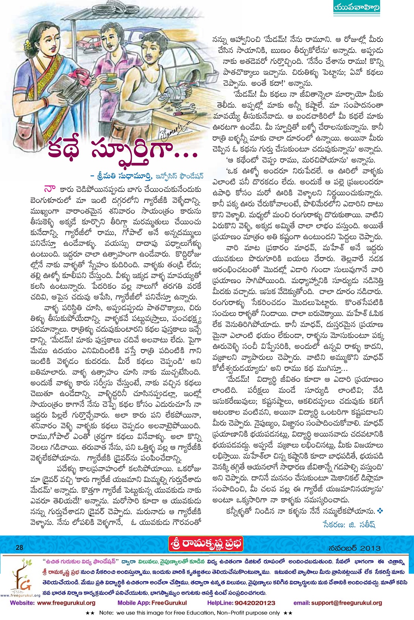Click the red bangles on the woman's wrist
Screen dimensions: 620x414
tap(46, 102)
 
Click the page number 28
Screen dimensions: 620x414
tap(19, 548)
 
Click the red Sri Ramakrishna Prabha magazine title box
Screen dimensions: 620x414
tap(205, 544)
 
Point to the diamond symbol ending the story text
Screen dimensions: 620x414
tap(380, 510)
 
